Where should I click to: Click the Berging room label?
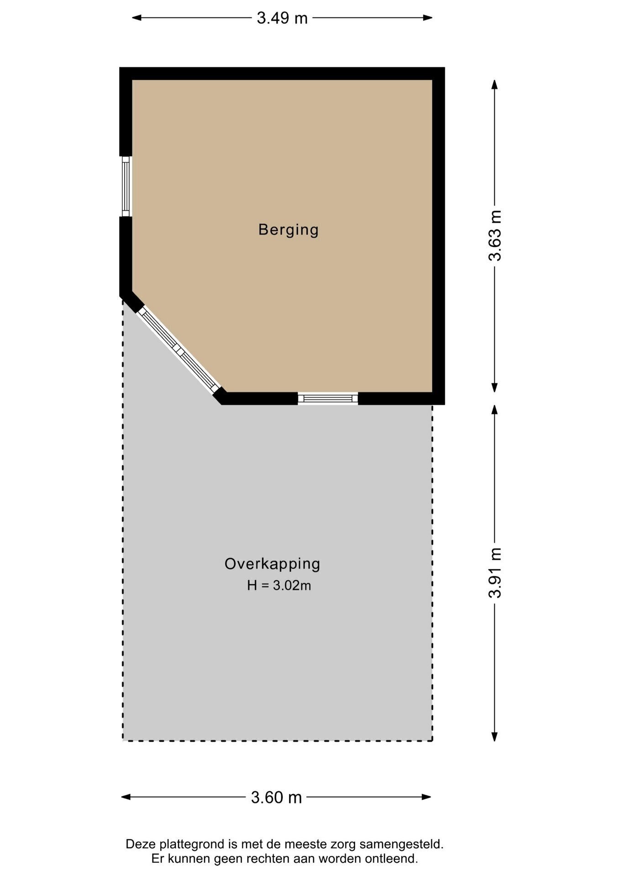288,230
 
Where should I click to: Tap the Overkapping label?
272,564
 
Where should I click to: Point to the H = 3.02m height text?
279,585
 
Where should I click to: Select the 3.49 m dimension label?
282,18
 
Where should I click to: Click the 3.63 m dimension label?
495,236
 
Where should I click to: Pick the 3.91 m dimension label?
495,572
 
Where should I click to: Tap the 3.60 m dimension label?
276,798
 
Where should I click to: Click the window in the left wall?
126,186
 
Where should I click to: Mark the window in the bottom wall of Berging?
328,398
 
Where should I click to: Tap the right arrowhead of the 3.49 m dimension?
428,18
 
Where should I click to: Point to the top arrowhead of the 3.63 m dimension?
494,85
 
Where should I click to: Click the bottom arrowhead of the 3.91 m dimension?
494,736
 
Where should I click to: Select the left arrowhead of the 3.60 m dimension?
126,797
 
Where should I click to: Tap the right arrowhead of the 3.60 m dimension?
426,797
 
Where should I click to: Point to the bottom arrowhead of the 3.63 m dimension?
494,387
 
